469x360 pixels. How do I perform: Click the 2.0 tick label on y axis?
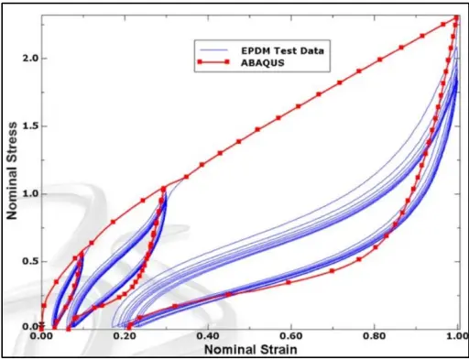(30, 58)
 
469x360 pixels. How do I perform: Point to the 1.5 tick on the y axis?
(30, 125)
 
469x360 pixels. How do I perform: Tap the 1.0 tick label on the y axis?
(30, 193)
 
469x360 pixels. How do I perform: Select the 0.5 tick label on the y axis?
(30, 261)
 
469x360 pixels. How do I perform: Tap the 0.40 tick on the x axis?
(209, 337)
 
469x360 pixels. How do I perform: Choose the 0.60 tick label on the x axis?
(292, 337)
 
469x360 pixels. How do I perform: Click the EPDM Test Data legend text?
(270, 49)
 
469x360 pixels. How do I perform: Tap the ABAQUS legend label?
(255, 63)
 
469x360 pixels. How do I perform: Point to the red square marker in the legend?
(210, 63)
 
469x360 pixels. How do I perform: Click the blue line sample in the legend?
(210, 49)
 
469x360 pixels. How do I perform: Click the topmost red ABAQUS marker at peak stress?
(455, 17)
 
